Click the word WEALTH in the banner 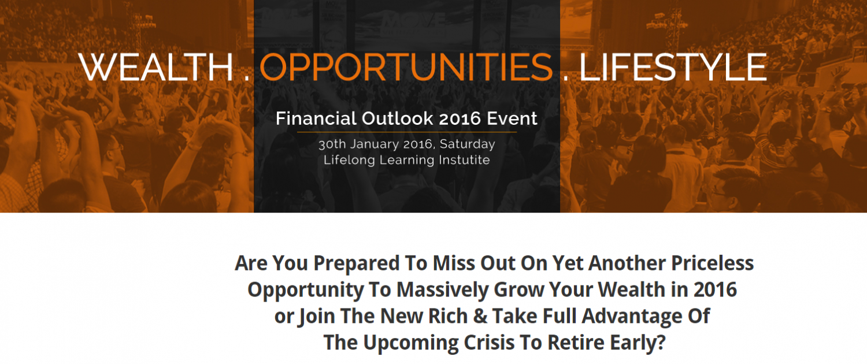[x=156, y=67]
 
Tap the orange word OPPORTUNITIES [x=406, y=67]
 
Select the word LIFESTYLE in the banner [x=673, y=67]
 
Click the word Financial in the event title [x=316, y=118]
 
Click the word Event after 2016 [x=512, y=118]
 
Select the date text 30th [x=332, y=144]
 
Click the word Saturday [x=467, y=144]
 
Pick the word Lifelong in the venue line [x=349, y=160]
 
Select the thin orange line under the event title [x=407, y=132]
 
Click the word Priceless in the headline [x=712, y=263]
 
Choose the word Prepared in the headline [x=357, y=263]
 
